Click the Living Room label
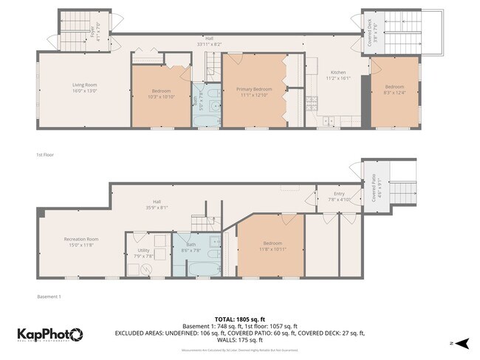point(85,85)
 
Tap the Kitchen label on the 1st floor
point(337,72)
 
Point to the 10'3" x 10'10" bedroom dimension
point(160,97)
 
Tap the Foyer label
point(92,31)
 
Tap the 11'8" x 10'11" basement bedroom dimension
point(272,249)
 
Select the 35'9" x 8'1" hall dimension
point(157,207)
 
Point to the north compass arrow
point(462,343)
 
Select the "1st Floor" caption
point(45,155)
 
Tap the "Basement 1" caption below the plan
point(49,297)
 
